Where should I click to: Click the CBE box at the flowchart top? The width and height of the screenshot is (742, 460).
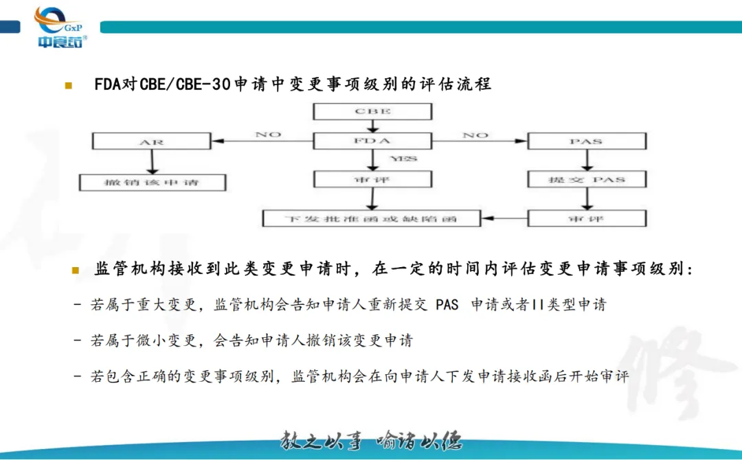(372, 111)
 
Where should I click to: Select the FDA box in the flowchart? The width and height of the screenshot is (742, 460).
(372, 141)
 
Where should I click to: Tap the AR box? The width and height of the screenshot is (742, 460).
(151, 142)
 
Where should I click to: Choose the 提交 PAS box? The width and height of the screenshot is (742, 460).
(586, 180)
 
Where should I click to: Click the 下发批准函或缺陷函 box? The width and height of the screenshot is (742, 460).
(372, 219)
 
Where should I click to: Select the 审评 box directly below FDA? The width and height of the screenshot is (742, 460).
(372, 180)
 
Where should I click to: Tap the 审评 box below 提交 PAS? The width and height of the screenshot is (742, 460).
(586, 219)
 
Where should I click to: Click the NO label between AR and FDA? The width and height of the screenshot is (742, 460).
(268, 134)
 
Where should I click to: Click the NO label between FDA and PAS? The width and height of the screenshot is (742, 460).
(475, 135)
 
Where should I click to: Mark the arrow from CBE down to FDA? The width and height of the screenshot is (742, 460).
(372, 126)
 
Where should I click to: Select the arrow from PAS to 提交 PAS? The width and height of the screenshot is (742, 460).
(586, 161)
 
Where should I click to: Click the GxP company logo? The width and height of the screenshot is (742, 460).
(60, 27)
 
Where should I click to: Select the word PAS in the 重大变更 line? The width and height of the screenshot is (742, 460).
(447, 304)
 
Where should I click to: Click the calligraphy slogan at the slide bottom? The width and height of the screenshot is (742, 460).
(370, 440)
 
